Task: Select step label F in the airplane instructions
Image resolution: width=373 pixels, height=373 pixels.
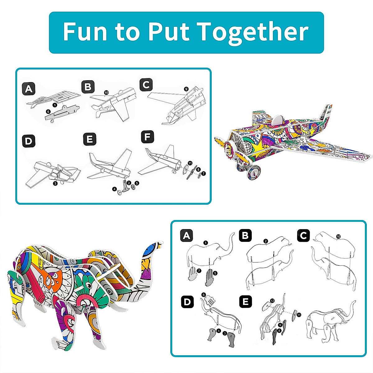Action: pos(147,137)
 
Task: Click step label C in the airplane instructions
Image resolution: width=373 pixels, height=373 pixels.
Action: pos(146,85)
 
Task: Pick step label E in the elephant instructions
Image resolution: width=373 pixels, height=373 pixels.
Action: pos(246,302)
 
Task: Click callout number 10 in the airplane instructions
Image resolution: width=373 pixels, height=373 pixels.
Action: pos(106,93)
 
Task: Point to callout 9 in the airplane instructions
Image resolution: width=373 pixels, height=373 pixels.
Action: pos(186,89)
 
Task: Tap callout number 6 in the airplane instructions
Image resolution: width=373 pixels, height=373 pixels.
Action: pos(48,111)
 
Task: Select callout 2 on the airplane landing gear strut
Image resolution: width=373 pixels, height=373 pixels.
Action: pos(129,183)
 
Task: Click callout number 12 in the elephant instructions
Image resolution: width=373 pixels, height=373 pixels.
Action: pos(272,301)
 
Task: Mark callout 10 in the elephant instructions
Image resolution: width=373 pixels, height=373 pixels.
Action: pos(338,237)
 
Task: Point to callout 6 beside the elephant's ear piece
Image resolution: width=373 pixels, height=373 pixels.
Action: pos(204,294)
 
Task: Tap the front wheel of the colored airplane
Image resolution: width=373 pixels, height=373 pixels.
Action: pos(254,173)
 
